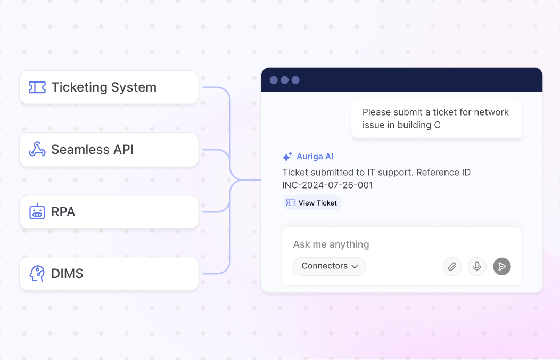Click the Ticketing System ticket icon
click(x=37, y=87)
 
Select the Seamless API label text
click(x=92, y=149)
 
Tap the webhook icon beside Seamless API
click(x=37, y=149)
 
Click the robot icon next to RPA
click(x=37, y=211)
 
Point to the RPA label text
click(x=63, y=212)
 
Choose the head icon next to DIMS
click(x=37, y=274)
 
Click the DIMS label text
click(x=67, y=274)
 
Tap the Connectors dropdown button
click(x=330, y=266)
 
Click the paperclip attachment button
click(x=452, y=266)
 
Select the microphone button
click(x=477, y=266)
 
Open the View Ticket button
click(x=312, y=203)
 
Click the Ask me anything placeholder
click(x=331, y=244)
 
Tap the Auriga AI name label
click(x=315, y=157)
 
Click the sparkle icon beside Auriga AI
click(x=287, y=157)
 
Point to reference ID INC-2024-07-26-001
click(x=327, y=185)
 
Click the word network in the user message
click(x=491, y=112)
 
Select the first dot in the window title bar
click(x=274, y=80)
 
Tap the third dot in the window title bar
click(x=295, y=80)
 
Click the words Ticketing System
click(x=104, y=87)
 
